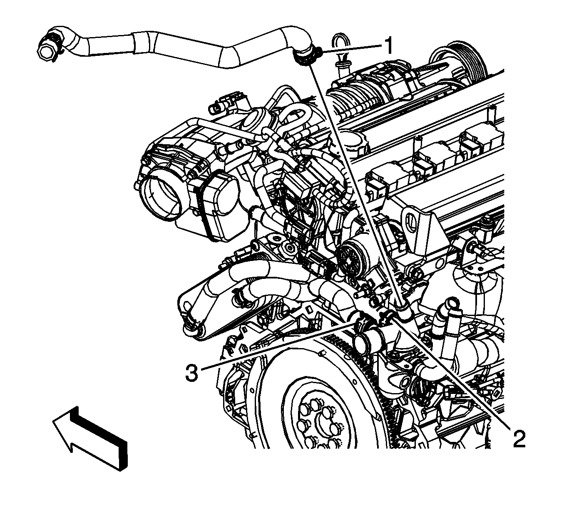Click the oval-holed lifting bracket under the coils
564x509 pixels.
point(416,226)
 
